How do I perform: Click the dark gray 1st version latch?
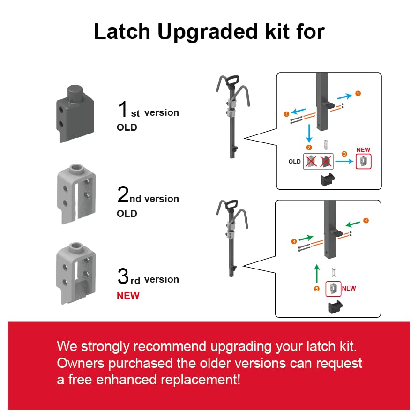click(x=75, y=112)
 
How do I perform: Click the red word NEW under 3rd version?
click(x=128, y=295)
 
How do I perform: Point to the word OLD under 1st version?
click(x=127, y=127)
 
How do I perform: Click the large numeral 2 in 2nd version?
click(x=122, y=194)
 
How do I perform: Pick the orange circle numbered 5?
click(x=316, y=289)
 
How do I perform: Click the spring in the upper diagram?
click(x=327, y=145)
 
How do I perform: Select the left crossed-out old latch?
click(x=311, y=162)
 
